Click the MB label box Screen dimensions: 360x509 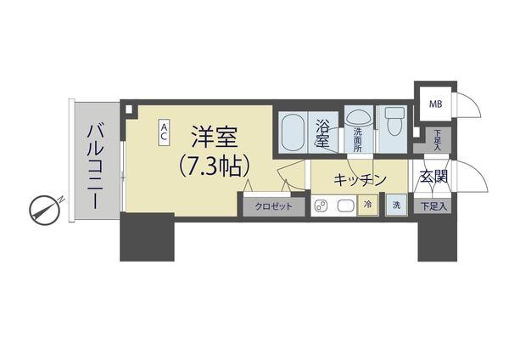tap(434, 104)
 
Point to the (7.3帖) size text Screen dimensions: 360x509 tap(213, 166)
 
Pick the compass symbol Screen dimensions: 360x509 tap(42, 208)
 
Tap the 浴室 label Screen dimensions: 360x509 tap(323, 133)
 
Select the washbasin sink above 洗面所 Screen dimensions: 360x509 tap(358, 115)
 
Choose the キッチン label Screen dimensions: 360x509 tap(360, 179)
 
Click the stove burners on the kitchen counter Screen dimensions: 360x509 tap(322, 205)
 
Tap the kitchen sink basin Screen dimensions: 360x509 tap(347, 205)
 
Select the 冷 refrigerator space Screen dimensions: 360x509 tap(368, 205)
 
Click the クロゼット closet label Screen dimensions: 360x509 tap(271, 206)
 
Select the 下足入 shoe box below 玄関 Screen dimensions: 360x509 tap(433, 205)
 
